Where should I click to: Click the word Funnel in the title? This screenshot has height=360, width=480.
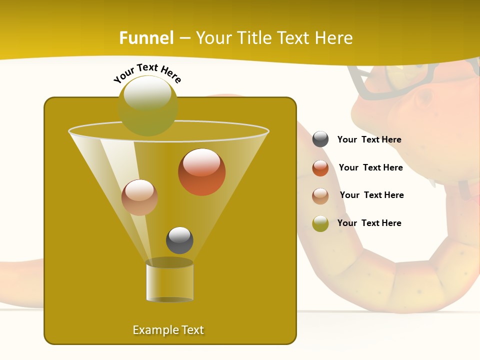[x=146, y=38]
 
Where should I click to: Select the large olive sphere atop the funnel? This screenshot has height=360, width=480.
[x=148, y=105]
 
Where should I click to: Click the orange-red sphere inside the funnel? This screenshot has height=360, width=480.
[x=201, y=171]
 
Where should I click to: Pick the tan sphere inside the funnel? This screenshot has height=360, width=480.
[x=139, y=197]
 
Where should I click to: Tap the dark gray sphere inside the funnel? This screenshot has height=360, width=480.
[x=179, y=240]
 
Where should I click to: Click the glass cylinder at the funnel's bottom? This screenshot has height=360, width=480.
[x=169, y=281]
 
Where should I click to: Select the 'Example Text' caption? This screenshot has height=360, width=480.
[x=168, y=330]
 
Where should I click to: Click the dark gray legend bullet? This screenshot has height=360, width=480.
[x=320, y=139]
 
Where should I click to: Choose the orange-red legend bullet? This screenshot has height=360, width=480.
[x=320, y=168]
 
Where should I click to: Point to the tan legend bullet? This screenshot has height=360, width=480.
[x=320, y=195]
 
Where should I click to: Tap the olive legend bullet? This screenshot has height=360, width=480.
[x=320, y=223]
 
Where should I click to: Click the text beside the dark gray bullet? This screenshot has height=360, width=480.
[x=369, y=140]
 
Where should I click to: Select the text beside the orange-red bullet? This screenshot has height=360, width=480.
[x=370, y=167]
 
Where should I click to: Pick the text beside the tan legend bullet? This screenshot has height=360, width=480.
[x=371, y=195]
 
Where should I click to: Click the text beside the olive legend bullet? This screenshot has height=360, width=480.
[x=369, y=223]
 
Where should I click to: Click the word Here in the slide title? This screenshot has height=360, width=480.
[x=333, y=38]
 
